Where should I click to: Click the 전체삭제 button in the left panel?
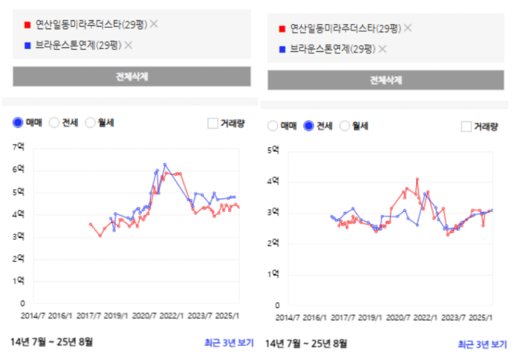(132, 77)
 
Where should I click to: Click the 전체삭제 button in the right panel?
(386, 80)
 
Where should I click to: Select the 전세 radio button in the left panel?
(54, 123)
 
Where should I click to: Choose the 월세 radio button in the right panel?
(344, 126)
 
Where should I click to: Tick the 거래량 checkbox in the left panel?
(213, 123)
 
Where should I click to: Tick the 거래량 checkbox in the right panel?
(466, 127)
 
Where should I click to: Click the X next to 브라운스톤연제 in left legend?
(129, 45)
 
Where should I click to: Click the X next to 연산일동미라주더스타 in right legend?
(408, 28)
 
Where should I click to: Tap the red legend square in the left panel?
(27, 25)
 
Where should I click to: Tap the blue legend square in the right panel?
(282, 49)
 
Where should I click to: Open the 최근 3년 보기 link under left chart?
(229, 343)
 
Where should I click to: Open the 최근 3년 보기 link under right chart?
(482, 345)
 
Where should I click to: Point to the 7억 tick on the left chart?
(19, 147)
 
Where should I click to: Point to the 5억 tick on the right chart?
(273, 150)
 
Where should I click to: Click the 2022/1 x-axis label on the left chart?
(171, 316)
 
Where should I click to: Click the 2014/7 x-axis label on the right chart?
(287, 317)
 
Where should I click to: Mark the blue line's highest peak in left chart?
(165, 164)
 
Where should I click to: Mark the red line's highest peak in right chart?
(417, 179)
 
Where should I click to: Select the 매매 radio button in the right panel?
(273, 126)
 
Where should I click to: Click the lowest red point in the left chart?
(100, 236)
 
